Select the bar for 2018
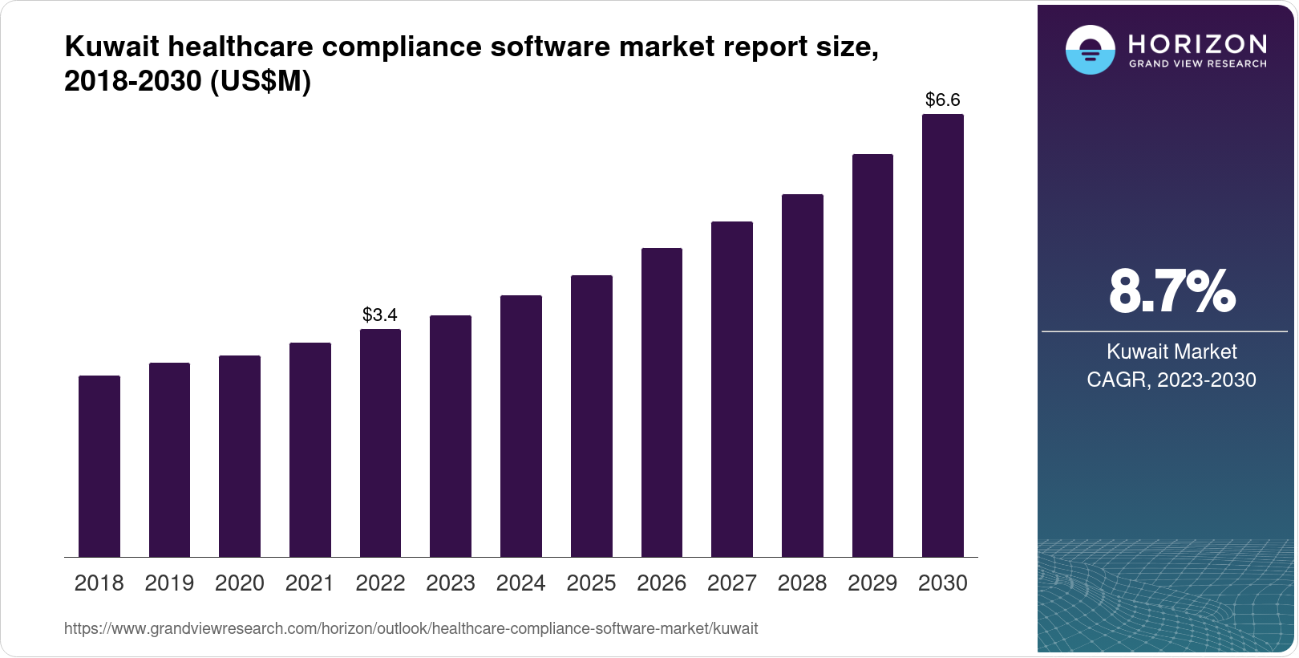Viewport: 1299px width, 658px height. click(99, 466)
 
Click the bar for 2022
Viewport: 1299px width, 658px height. click(380, 443)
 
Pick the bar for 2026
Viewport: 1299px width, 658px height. click(662, 403)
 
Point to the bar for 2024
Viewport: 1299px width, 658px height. click(521, 426)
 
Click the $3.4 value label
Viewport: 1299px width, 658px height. click(380, 315)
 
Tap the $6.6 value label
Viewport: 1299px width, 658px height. click(943, 100)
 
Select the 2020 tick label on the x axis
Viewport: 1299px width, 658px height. click(240, 583)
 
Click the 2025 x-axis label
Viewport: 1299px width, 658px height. click(591, 583)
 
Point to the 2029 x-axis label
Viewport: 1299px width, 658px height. click(872, 583)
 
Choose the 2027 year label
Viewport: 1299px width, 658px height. click(732, 583)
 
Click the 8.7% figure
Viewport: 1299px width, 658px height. click(1172, 292)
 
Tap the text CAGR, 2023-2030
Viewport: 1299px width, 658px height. click(1172, 380)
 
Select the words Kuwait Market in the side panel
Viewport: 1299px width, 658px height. click(1172, 351)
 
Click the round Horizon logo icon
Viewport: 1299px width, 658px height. click(1090, 50)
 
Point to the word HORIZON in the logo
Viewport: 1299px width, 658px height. click(1198, 43)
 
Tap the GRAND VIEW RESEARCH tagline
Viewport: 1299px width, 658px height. click(1198, 63)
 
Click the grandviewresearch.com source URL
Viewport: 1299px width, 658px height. click(411, 628)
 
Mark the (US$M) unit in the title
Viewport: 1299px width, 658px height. click(260, 81)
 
